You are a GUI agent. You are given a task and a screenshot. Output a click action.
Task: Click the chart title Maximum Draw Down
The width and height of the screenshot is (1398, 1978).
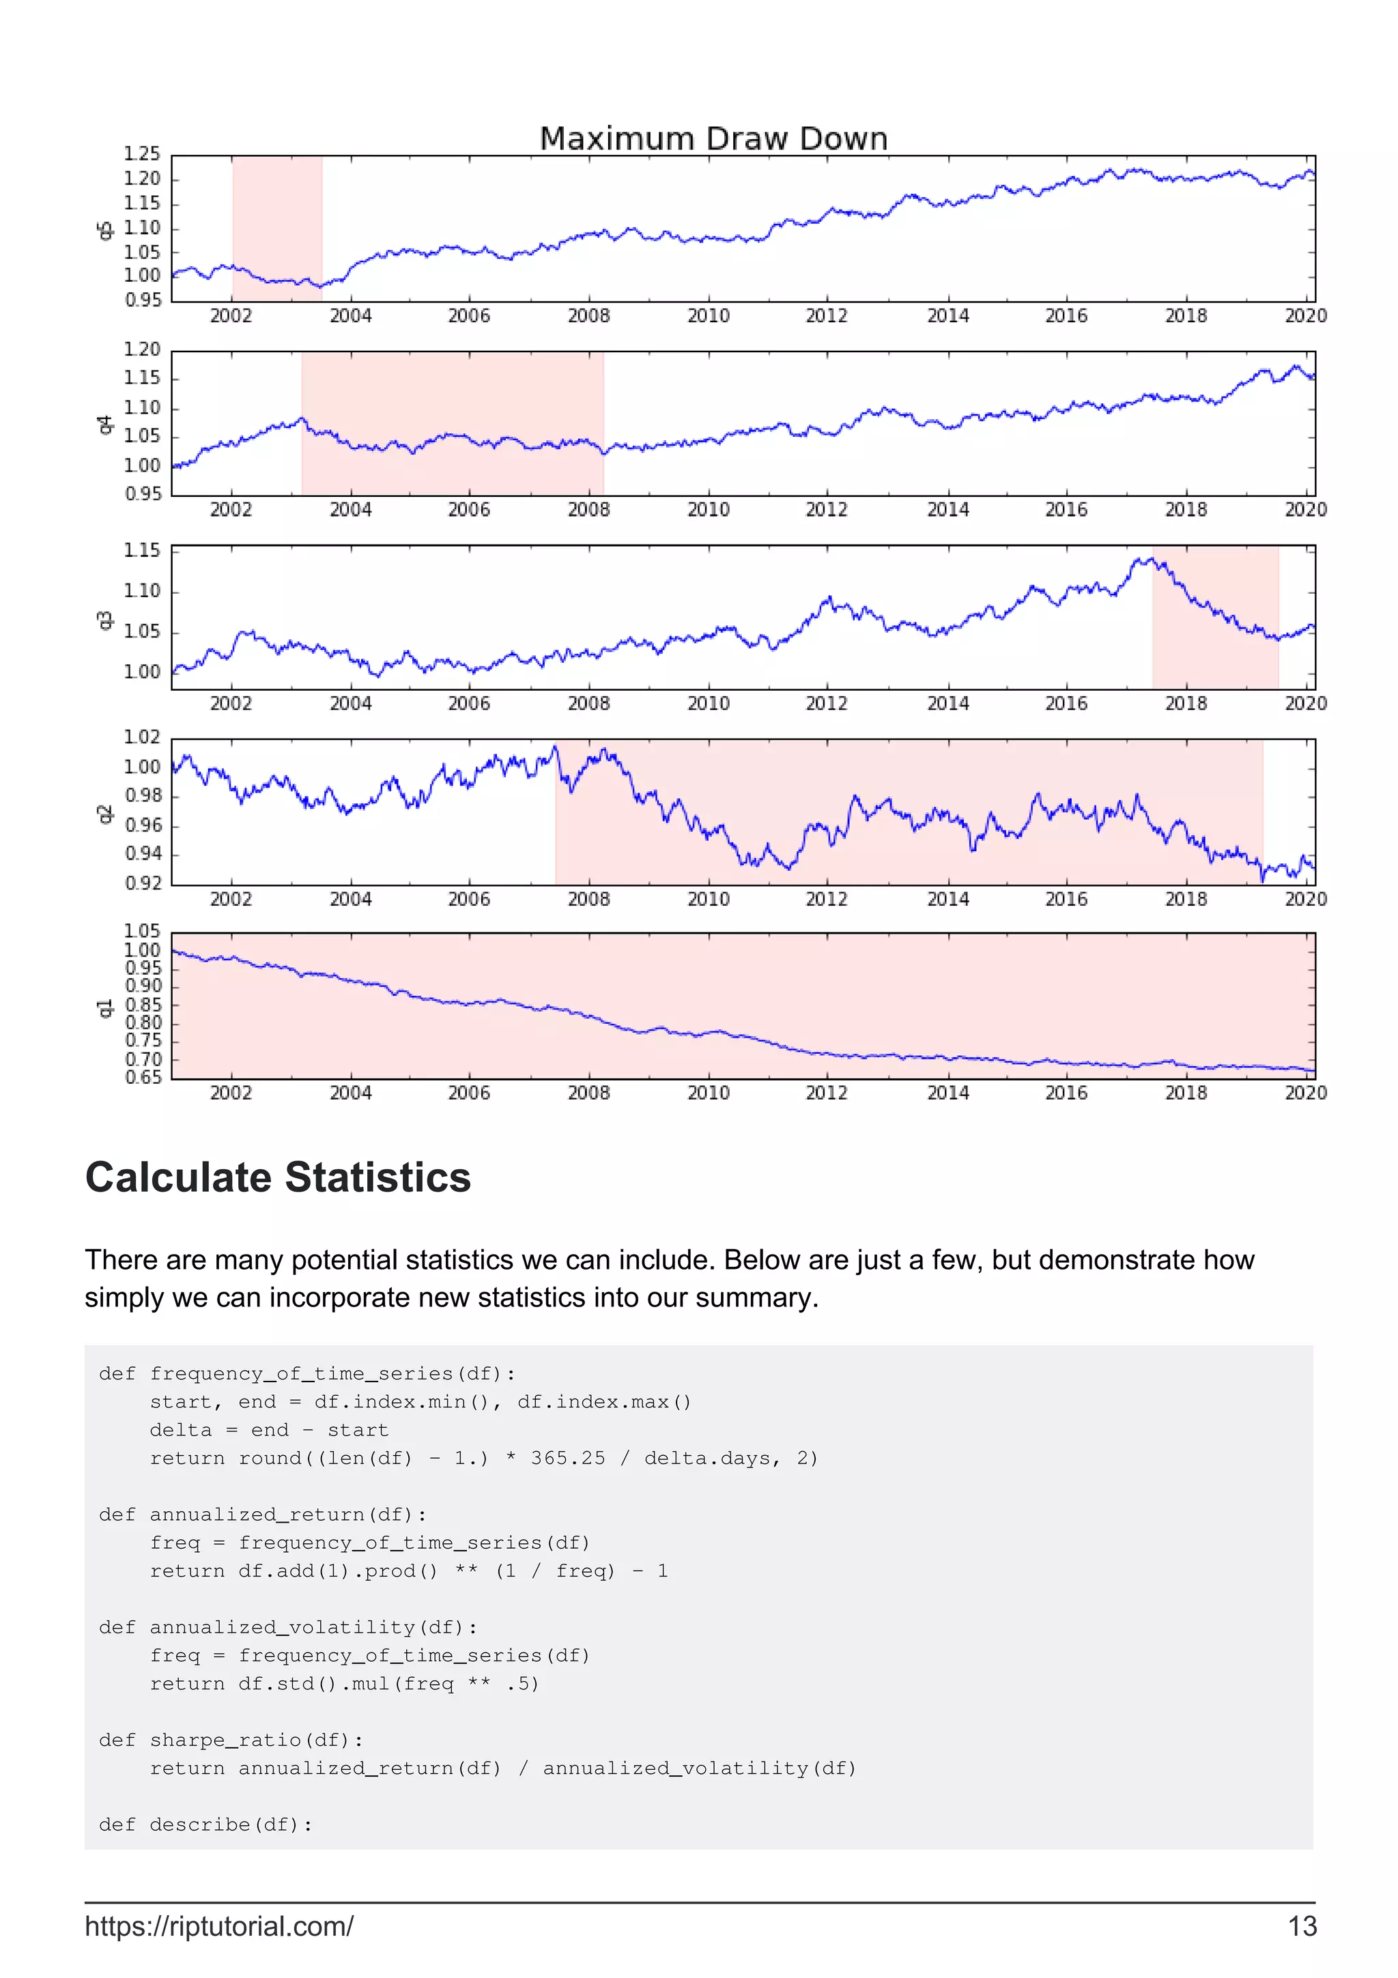click(x=713, y=139)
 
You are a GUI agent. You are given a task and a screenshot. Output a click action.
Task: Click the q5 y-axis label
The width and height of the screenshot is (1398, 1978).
click(x=104, y=230)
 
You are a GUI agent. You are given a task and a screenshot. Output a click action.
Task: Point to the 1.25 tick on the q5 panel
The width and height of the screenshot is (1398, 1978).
click(x=142, y=154)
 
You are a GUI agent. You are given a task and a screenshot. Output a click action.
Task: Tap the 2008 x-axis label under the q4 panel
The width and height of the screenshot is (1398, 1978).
click(x=588, y=510)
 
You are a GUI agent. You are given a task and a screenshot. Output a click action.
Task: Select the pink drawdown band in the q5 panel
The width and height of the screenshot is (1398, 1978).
click(x=277, y=228)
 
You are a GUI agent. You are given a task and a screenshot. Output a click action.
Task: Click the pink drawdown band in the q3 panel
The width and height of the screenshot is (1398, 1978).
click(x=1214, y=617)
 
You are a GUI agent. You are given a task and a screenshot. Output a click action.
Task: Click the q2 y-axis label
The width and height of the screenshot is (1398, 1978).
click(x=104, y=814)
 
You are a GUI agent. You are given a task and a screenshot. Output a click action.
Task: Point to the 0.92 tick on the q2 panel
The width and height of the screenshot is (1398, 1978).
click(x=143, y=883)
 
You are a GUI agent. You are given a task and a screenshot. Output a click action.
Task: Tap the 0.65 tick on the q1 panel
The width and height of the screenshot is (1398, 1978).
click(x=143, y=1078)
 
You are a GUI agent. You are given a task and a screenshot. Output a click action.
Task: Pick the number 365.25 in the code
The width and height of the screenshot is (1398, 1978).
click(x=568, y=1459)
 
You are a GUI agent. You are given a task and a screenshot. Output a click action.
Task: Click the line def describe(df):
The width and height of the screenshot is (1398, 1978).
click(x=205, y=1824)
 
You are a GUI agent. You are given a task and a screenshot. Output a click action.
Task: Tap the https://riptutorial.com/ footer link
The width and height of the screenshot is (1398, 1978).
click(x=219, y=1926)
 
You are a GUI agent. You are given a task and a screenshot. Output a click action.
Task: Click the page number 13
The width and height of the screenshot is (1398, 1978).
click(x=1302, y=1926)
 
